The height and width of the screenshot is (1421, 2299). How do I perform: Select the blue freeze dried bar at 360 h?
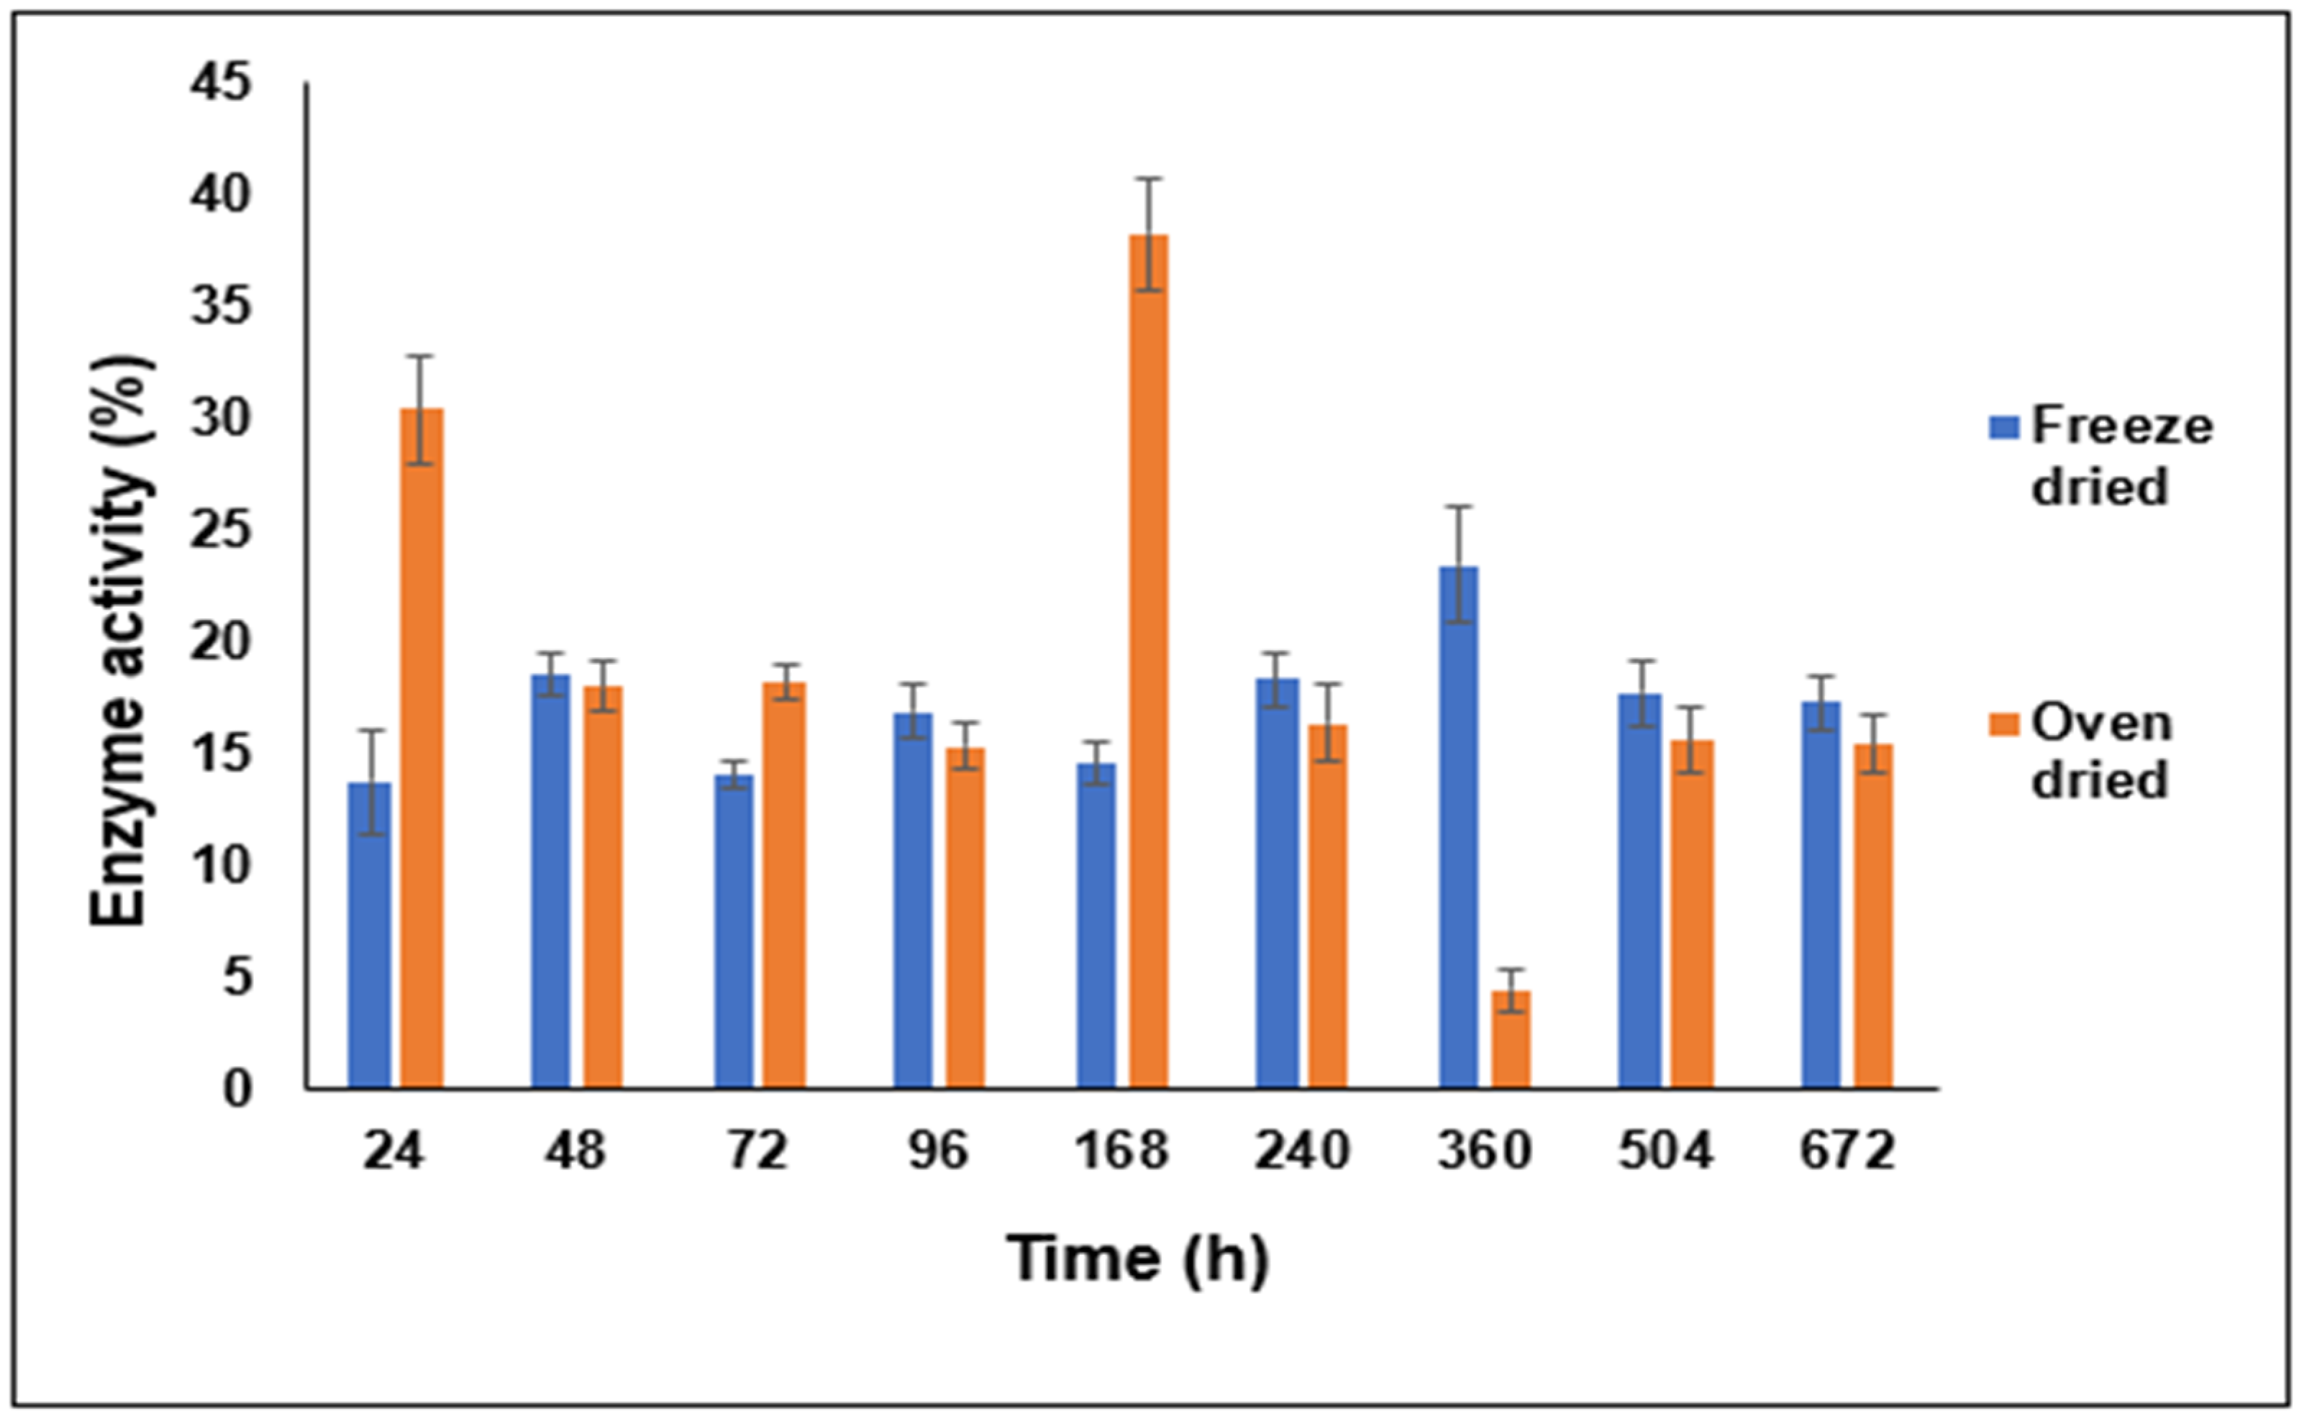[x=1458, y=827]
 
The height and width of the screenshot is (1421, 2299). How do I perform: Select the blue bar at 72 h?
[x=733, y=931]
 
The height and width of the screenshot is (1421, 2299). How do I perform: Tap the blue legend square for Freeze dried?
[x=2005, y=429]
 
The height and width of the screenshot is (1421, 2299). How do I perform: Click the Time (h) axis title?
[x=1137, y=1259]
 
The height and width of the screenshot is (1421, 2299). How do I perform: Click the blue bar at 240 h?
[x=1278, y=883]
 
